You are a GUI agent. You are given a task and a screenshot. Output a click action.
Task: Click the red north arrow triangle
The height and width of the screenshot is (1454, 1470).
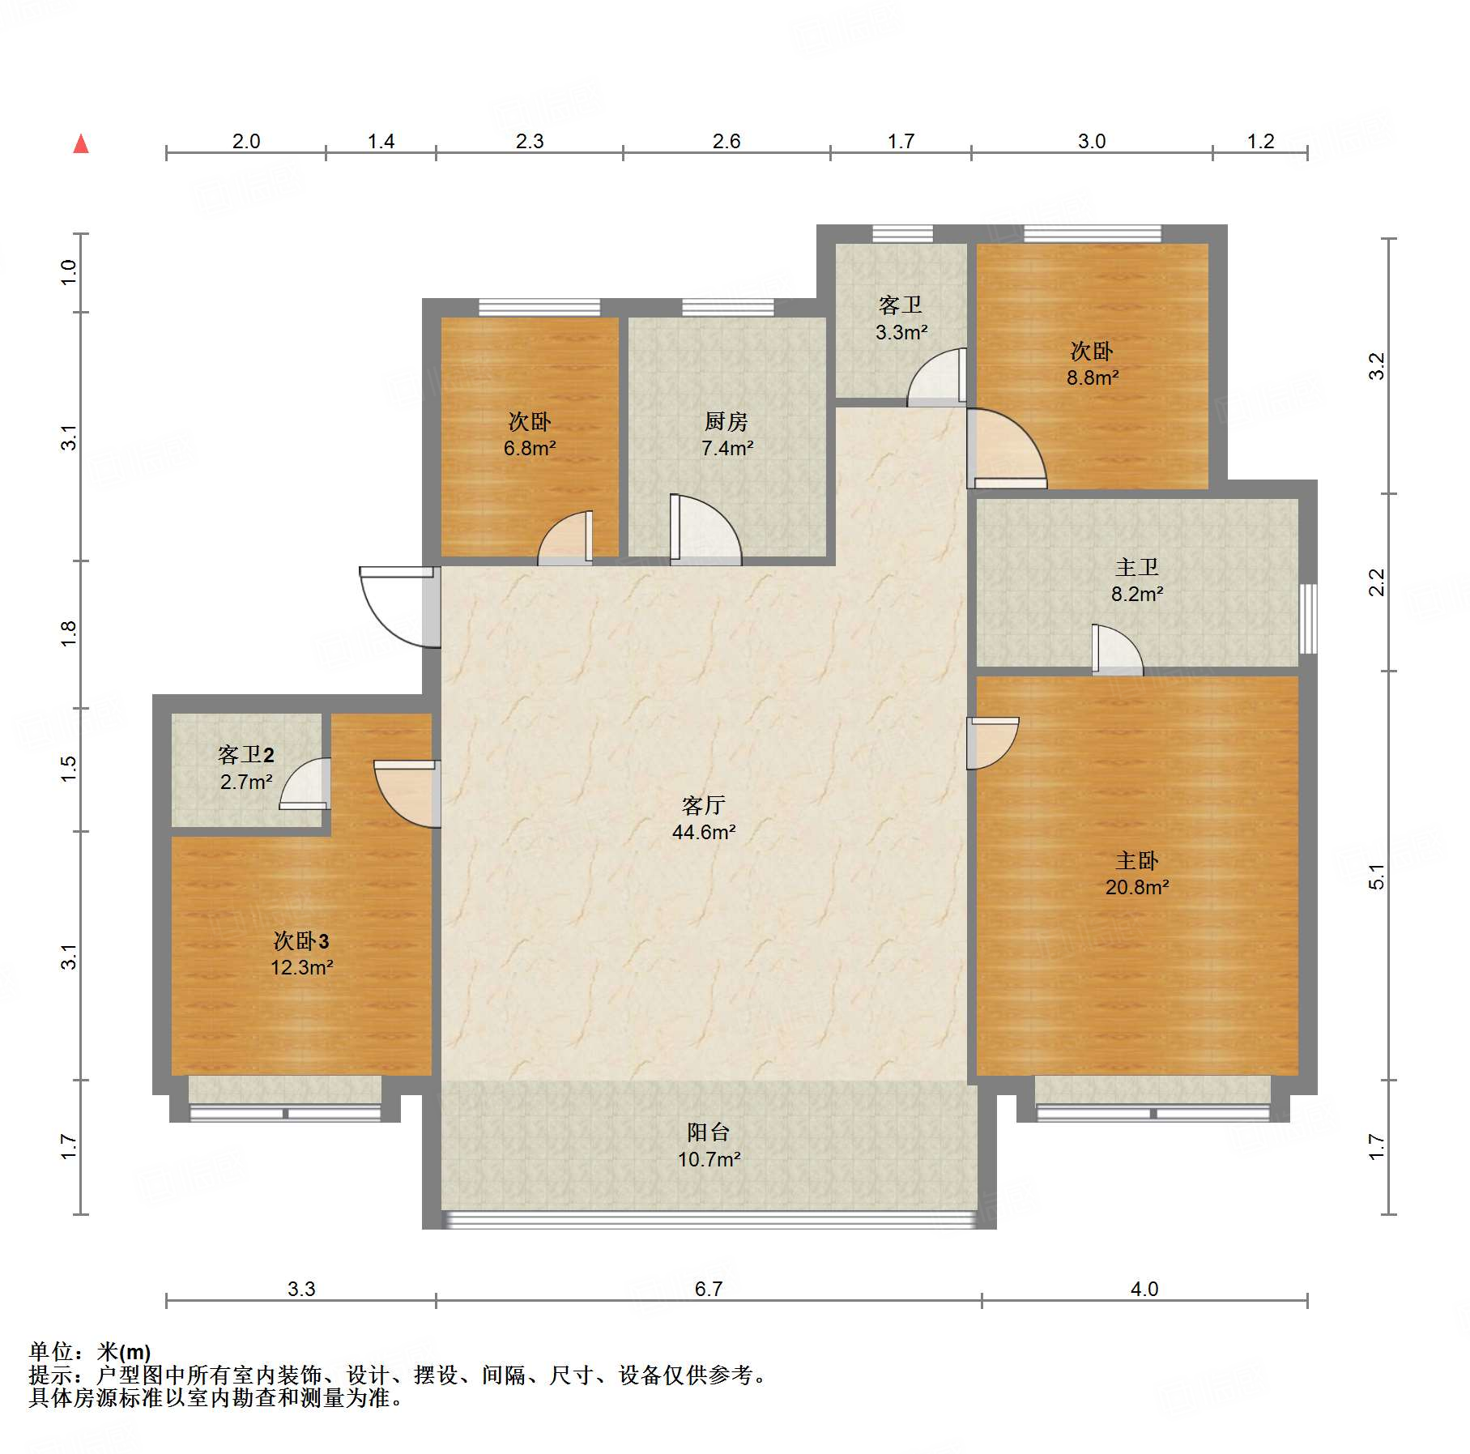click(x=81, y=143)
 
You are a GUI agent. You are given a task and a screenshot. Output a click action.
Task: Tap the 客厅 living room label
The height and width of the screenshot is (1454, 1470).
click(x=703, y=805)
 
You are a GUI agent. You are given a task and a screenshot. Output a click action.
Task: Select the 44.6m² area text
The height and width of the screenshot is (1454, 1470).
click(x=704, y=832)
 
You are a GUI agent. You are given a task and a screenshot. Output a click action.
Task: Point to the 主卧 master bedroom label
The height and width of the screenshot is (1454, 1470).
click(x=1136, y=860)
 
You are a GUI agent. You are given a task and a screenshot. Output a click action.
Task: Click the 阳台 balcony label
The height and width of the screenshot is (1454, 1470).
click(x=709, y=1132)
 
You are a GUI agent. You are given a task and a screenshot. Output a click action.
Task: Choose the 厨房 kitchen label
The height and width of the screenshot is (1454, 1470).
click(x=726, y=421)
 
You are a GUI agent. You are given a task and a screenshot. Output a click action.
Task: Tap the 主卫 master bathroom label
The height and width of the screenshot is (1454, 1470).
click(x=1136, y=567)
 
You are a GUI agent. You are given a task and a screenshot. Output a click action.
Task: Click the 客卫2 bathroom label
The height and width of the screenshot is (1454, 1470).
click(x=246, y=755)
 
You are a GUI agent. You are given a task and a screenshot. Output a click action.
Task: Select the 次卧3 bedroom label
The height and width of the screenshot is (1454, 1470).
click(x=301, y=940)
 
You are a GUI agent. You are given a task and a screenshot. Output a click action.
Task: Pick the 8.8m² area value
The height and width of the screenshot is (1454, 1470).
click(x=1093, y=377)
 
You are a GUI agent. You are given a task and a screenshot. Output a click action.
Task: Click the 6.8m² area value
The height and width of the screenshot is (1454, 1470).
click(x=530, y=448)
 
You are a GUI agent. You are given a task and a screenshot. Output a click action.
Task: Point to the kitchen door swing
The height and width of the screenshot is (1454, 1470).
click(x=705, y=529)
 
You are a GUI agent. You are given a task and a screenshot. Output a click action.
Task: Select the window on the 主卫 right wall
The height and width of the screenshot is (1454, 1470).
click(x=1308, y=618)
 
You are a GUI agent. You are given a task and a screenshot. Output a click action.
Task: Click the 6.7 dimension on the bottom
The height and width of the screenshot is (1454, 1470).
click(x=709, y=1289)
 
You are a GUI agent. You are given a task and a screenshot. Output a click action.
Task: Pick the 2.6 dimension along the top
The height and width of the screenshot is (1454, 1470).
click(x=726, y=141)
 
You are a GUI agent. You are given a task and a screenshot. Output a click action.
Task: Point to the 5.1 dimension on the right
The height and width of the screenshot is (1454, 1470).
click(x=1377, y=877)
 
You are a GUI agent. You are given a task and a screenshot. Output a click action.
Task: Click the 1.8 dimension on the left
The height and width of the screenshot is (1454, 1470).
click(x=69, y=633)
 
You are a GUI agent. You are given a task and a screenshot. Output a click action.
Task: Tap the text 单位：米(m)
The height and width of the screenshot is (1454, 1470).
click(x=90, y=1352)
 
